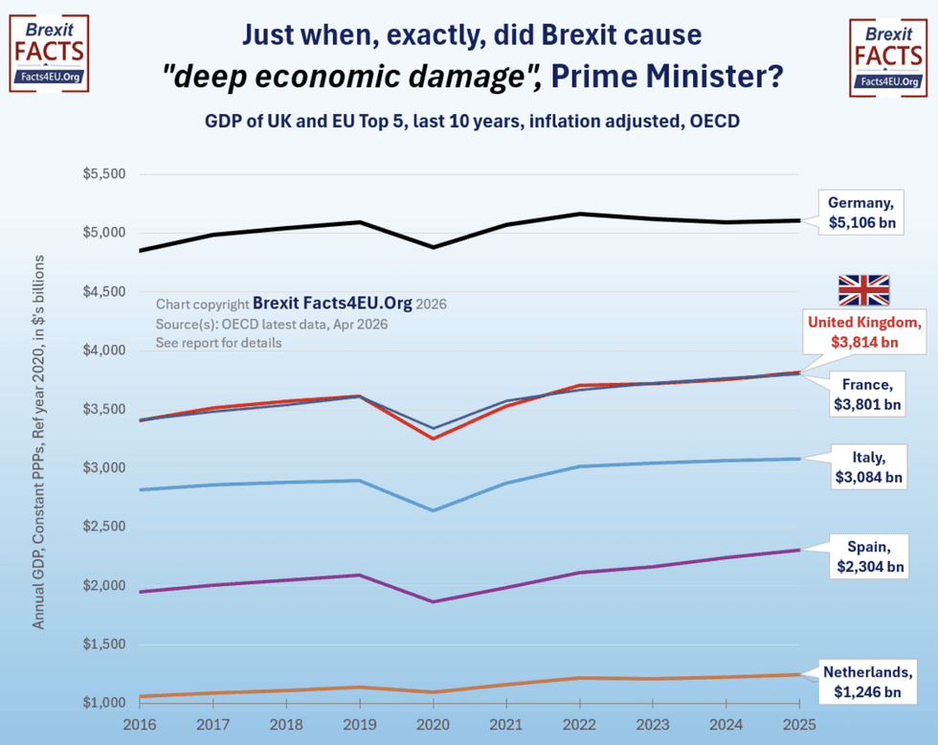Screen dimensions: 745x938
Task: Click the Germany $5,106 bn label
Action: point(861,213)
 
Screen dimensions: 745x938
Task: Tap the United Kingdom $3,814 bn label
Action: point(864,331)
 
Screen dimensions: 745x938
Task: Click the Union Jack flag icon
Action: point(863,290)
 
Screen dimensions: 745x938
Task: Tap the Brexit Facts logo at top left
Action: point(49,53)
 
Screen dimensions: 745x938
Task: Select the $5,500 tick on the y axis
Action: point(105,175)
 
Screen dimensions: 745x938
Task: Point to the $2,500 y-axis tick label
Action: point(105,527)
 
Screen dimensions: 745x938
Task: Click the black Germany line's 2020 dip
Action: point(433,247)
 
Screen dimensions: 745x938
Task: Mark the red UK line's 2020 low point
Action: point(433,439)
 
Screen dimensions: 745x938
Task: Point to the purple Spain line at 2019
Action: point(360,576)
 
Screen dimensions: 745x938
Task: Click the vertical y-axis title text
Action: point(39,441)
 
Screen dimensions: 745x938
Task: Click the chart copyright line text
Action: point(301,303)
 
